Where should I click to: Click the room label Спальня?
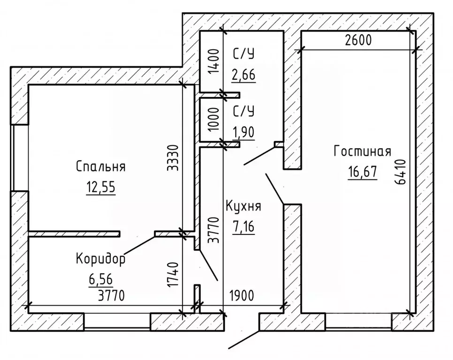[100, 167]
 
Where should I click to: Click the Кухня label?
[243, 207]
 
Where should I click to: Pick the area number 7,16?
[243, 227]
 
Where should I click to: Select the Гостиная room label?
[362, 152]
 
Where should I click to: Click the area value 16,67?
[362, 172]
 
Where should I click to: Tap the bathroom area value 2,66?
[243, 75]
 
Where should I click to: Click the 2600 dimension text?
[358, 40]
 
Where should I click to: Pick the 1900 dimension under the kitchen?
[241, 296]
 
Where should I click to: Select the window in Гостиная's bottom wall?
[358, 322]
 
